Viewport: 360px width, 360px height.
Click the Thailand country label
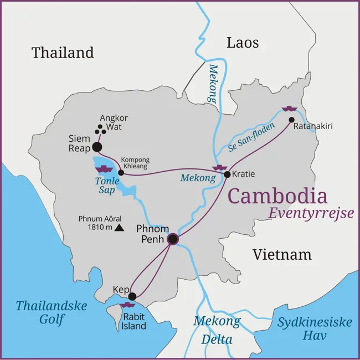(63, 53)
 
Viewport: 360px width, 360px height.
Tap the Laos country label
(243, 43)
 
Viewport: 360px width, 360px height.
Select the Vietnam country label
(281, 255)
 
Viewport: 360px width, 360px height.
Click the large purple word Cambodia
(277, 196)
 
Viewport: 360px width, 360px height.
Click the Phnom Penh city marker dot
(173, 239)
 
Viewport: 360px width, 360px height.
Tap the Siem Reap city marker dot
(97, 147)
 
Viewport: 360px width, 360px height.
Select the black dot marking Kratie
(227, 174)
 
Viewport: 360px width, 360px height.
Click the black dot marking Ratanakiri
(291, 120)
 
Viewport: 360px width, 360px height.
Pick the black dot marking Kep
(132, 296)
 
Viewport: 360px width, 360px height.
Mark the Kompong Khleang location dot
(121, 172)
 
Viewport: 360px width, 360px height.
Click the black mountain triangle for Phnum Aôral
(119, 227)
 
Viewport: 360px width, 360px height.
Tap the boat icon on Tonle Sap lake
(104, 167)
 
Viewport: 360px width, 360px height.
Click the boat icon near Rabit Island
(128, 305)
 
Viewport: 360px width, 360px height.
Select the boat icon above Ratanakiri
(289, 108)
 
